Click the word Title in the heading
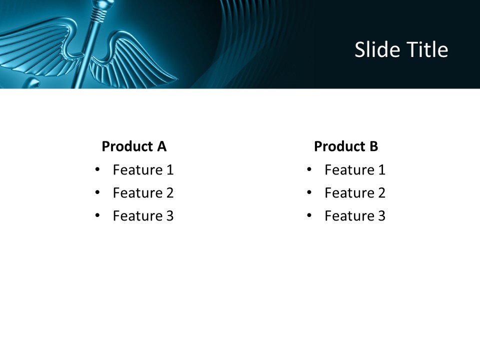pyautogui.click(x=425, y=50)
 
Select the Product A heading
pyautogui.click(x=134, y=146)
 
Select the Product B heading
pyautogui.click(x=346, y=146)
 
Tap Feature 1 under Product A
pyautogui.click(x=143, y=170)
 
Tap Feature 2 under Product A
pyautogui.click(x=143, y=193)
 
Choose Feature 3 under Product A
pyautogui.click(x=143, y=216)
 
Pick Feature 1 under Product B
pyautogui.click(x=355, y=170)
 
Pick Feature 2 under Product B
pyautogui.click(x=355, y=193)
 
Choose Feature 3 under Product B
pyautogui.click(x=355, y=216)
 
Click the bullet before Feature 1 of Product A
pyautogui.click(x=97, y=170)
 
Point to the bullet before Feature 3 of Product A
pyautogui.click(x=97, y=216)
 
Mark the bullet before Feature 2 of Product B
pyautogui.click(x=309, y=193)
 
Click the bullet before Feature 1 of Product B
pyautogui.click(x=309, y=170)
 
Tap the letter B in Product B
pyautogui.click(x=373, y=146)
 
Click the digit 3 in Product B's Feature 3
pyautogui.click(x=381, y=216)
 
